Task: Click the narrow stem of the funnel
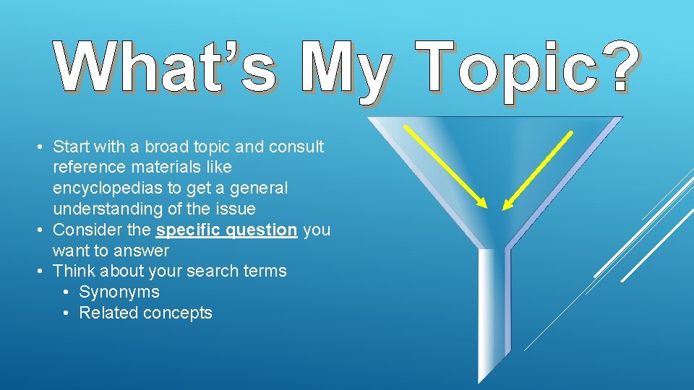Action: pos(494,311)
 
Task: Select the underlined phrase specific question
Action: pos(226,230)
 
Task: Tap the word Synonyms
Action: pos(119,292)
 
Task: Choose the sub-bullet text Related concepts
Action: pos(145,313)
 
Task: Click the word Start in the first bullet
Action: pos(70,147)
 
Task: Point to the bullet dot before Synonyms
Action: pos(66,292)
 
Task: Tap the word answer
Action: pos(145,251)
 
